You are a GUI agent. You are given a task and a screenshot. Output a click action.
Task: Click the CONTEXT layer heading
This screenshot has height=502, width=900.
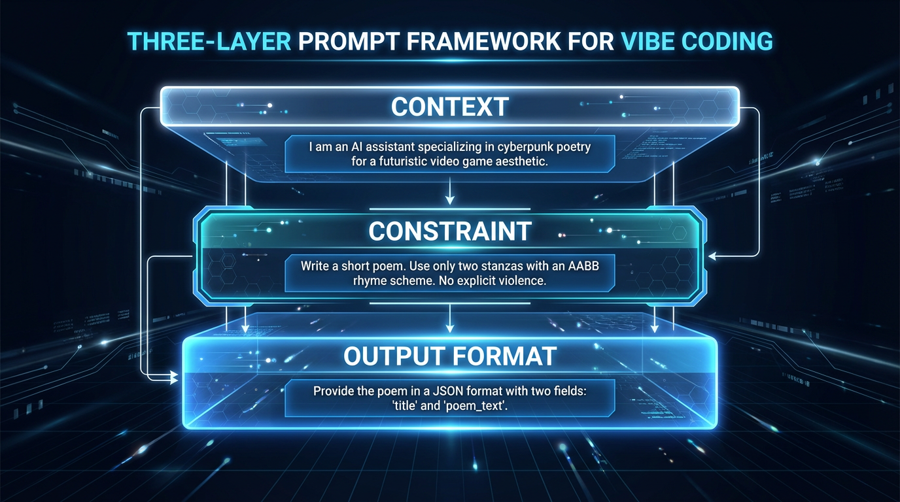pyautogui.click(x=449, y=107)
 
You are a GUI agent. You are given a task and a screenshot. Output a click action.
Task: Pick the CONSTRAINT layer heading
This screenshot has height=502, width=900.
pyautogui.click(x=449, y=231)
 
